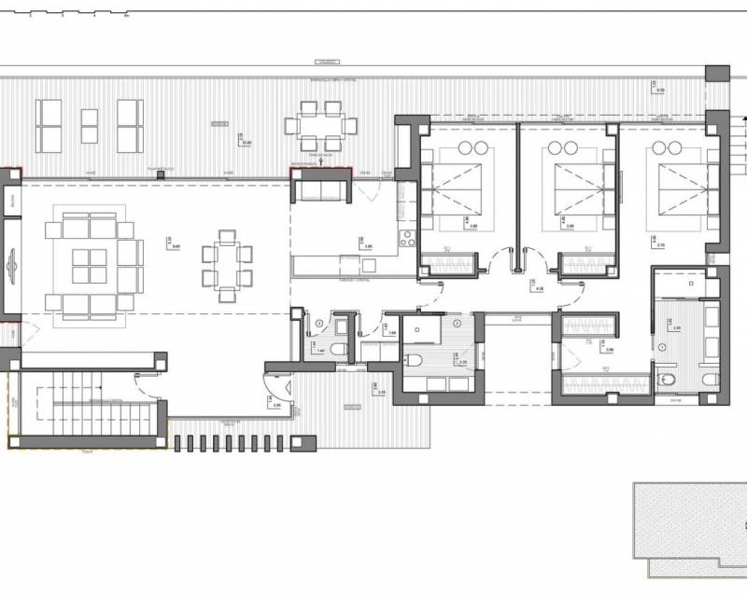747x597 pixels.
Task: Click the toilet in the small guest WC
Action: tap(338, 348)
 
